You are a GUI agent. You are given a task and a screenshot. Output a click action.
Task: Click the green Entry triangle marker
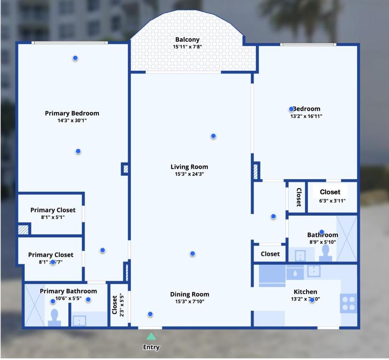[x=151, y=336]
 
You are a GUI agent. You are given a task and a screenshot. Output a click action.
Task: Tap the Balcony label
[x=187, y=40]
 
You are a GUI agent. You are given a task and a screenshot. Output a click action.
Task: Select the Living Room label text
[x=189, y=167]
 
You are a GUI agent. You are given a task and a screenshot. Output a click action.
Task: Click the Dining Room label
[x=189, y=294]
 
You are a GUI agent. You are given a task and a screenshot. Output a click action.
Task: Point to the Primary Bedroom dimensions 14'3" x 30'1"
[x=72, y=120]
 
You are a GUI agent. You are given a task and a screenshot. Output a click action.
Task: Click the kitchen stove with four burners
[x=349, y=303]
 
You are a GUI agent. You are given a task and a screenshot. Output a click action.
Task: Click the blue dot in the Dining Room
[x=150, y=314]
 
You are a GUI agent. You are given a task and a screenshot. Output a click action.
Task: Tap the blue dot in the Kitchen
[x=312, y=300]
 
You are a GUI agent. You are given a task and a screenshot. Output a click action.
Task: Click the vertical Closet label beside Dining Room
[x=115, y=305]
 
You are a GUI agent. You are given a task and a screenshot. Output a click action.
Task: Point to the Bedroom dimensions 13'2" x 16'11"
[x=306, y=116]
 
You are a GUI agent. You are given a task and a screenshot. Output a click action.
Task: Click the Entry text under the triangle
[x=151, y=347]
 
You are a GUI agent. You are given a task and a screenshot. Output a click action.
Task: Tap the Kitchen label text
[x=305, y=292]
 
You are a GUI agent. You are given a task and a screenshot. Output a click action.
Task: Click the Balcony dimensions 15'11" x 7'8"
[x=187, y=47]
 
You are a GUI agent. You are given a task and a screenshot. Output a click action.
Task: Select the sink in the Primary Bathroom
[x=80, y=321]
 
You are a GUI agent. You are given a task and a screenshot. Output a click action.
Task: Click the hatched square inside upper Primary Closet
[x=23, y=230]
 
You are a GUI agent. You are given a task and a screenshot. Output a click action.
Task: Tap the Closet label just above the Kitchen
[x=270, y=254]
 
